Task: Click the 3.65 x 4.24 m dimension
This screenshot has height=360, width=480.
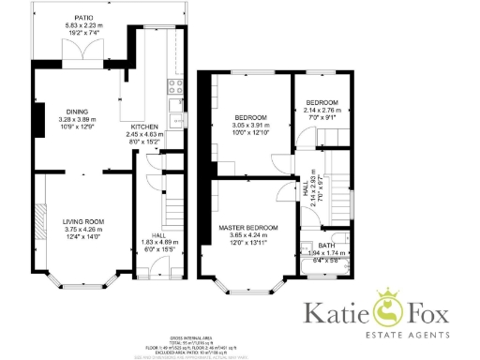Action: pos(248,236)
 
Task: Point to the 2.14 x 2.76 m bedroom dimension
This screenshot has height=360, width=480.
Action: pos(322,110)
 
